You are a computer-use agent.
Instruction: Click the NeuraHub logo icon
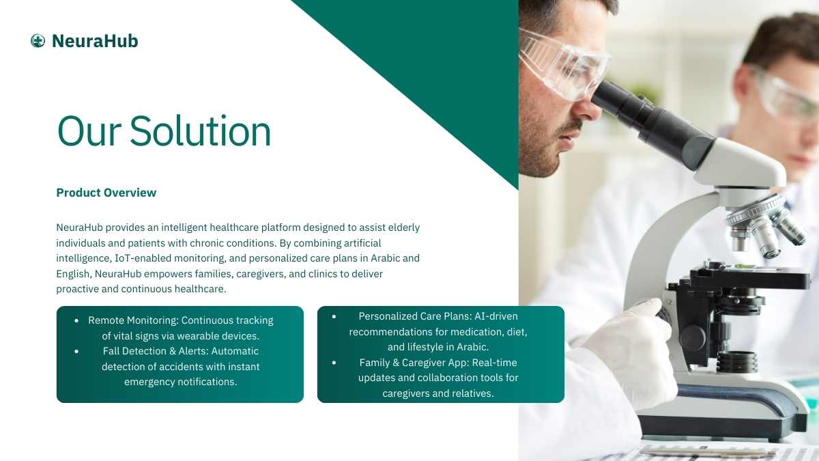coord(38,41)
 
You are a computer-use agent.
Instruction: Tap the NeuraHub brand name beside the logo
coord(95,41)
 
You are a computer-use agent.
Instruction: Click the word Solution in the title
coord(201,131)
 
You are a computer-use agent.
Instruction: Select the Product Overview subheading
coord(106,193)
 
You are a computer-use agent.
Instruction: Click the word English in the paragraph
coord(73,274)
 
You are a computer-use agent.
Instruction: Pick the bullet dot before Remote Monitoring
coord(76,321)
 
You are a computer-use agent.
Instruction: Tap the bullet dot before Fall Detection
coord(76,352)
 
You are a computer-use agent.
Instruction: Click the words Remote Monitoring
coord(133,320)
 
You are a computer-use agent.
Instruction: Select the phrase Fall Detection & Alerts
coord(156,351)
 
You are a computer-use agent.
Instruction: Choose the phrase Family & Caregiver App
coord(414,363)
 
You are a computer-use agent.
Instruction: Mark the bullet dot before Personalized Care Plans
coord(334,316)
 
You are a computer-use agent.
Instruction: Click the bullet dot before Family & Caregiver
coord(334,363)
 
